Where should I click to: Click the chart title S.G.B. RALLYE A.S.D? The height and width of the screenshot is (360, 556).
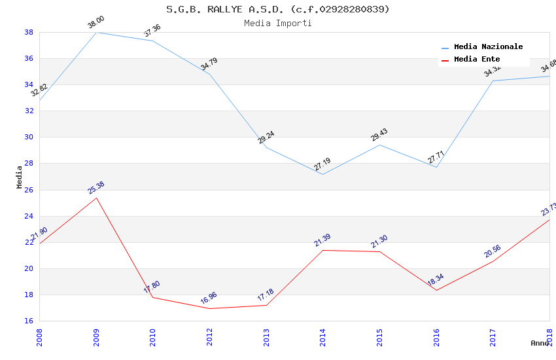tap(277, 9)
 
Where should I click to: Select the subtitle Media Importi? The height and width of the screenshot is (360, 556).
tap(277, 23)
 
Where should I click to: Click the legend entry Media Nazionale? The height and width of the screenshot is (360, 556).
tap(488, 46)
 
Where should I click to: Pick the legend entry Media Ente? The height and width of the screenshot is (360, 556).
tap(477, 59)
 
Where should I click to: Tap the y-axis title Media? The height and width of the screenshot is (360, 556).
tap(20, 177)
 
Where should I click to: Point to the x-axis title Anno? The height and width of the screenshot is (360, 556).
tap(540, 342)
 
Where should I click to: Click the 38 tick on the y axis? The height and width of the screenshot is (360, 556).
tap(29, 32)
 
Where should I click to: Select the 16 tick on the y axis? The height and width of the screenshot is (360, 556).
tap(29, 321)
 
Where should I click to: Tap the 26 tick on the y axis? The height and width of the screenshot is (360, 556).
tap(29, 190)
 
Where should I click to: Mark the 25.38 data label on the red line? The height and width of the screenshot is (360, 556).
tap(96, 189)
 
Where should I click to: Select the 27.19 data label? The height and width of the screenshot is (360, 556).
tap(322, 165)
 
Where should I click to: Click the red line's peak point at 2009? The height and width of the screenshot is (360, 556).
tap(96, 198)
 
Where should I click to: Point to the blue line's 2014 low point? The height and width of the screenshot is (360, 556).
tap(322, 174)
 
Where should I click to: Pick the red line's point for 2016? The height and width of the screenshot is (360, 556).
tap(436, 290)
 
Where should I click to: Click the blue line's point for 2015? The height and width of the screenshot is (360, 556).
tap(379, 145)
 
